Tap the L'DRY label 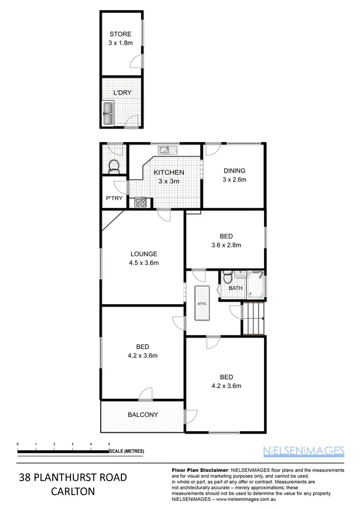click(122, 93)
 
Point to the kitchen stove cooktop click(140, 202)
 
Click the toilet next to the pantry click(114, 166)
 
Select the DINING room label click(234, 170)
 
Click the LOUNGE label click(144, 254)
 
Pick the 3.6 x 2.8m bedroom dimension click(227, 245)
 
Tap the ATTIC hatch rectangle click(202, 303)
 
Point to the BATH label click(235, 288)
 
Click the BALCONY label click(143, 415)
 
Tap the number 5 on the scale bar click(109, 444)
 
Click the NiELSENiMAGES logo click(304, 450)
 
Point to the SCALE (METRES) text click(127, 451)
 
